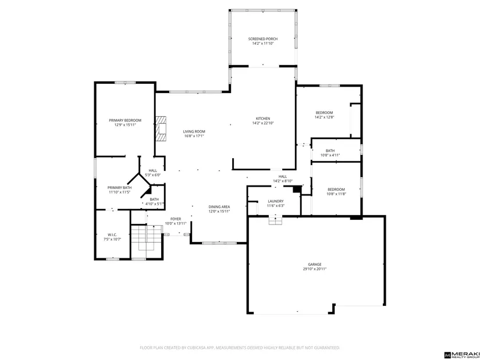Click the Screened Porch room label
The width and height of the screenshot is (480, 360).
tap(262, 39)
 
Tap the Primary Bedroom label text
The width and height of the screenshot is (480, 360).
tap(125, 120)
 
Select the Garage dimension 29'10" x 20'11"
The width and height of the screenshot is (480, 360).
tap(315, 269)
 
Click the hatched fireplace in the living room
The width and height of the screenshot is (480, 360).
tap(161, 129)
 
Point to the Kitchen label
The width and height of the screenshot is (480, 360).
tap(263, 119)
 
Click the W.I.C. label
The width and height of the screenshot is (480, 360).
tap(112, 235)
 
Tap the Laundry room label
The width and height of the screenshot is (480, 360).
tap(276, 201)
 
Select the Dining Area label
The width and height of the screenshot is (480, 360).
tap(219, 206)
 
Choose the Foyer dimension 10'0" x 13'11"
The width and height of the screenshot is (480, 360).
tap(176, 223)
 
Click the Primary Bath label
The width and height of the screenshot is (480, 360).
tap(119, 187)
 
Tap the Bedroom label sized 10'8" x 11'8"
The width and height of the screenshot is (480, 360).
tap(336, 189)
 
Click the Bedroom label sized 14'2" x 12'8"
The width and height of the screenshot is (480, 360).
tap(324, 112)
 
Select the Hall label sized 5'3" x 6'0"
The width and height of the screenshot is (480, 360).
tap(153, 170)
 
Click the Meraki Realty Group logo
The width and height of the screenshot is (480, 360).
tap(461, 354)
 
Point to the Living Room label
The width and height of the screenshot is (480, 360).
tap(194, 131)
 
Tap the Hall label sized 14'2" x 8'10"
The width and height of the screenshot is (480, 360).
tap(283, 176)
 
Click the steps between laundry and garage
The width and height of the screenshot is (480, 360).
tap(275, 220)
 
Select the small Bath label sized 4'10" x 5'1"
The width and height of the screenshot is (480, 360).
tap(154, 199)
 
